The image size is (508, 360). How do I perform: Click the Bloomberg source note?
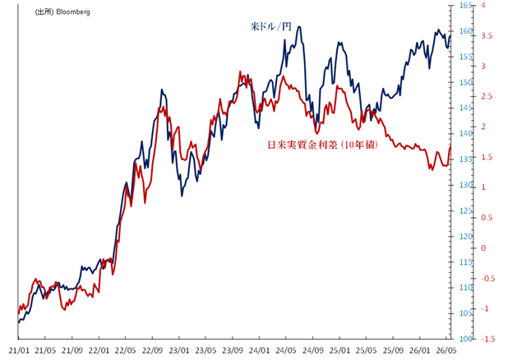(x=62, y=12)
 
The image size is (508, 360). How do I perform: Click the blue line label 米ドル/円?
(x=270, y=26)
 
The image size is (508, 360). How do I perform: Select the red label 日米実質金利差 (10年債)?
(x=322, y=145)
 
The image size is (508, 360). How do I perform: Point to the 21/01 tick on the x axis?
(x=19, y=350)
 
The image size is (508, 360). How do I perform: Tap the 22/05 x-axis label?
(x=126, y=350)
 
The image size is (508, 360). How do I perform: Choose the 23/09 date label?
(x=233, y=350)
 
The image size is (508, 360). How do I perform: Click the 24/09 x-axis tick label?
(x=312, y=350)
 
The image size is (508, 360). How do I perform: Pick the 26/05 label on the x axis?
(x=446, y=350)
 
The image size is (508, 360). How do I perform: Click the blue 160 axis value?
(x=465, y=30)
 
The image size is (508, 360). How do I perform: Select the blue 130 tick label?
(x=465, y=185)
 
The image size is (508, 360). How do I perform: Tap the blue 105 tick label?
(x=465, y=313)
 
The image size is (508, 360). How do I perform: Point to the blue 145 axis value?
(x=465, y=108)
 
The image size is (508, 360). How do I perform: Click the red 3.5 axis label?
(x=487, y=35)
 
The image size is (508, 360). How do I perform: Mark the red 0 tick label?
(x=483, y=248)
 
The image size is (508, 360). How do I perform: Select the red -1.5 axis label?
(x=488, y=339)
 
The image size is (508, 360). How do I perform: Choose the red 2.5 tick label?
(x=487, y=96)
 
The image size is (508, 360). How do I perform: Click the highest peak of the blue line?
(x=299, y=26)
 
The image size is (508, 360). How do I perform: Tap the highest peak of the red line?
(x=240, y=72)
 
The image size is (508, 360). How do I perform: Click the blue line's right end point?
(x=450, y=35)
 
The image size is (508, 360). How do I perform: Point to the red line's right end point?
(x=450, y=146)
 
